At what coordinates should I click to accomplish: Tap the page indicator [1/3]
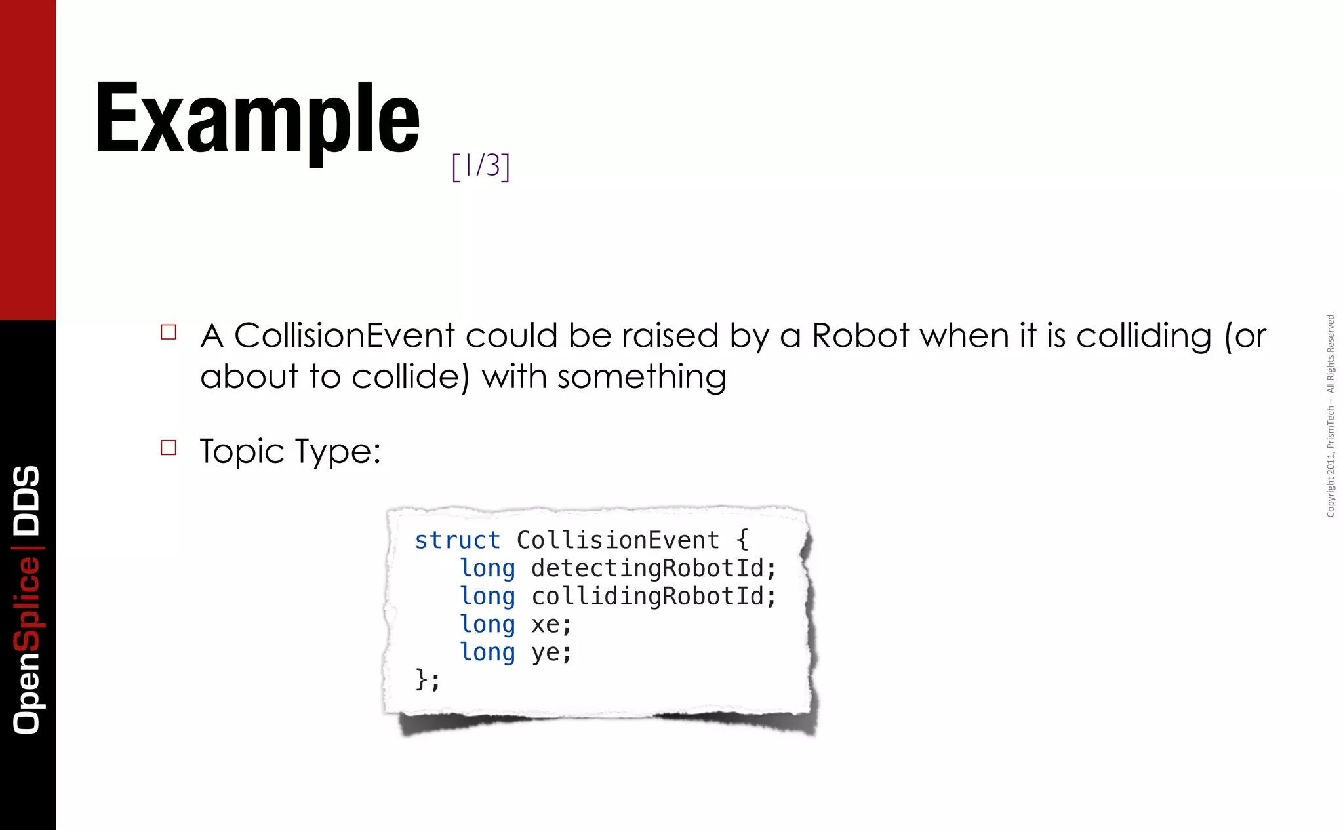coord(481,166)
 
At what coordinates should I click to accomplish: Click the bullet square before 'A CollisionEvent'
coord(169,332)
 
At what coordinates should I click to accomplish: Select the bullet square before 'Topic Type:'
coord(169,448)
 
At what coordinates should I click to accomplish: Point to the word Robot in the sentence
coord(860,336)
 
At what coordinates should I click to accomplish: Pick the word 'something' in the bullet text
coord(641,378)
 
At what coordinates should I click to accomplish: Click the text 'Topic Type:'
coord(290,452)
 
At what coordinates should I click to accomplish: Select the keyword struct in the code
coord(457,540)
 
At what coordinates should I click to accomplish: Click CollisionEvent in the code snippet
coord(618,540)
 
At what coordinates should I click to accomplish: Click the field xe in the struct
coord(545,625)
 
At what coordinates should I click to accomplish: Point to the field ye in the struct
coord(545,653)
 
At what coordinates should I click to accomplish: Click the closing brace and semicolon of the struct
coord(427,679)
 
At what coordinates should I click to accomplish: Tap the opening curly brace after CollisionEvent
coord(742,540)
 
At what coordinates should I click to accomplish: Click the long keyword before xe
coord(487,625)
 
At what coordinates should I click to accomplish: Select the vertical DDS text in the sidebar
coord(27,500)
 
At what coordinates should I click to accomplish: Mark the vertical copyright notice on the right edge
coord(1330,415)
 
